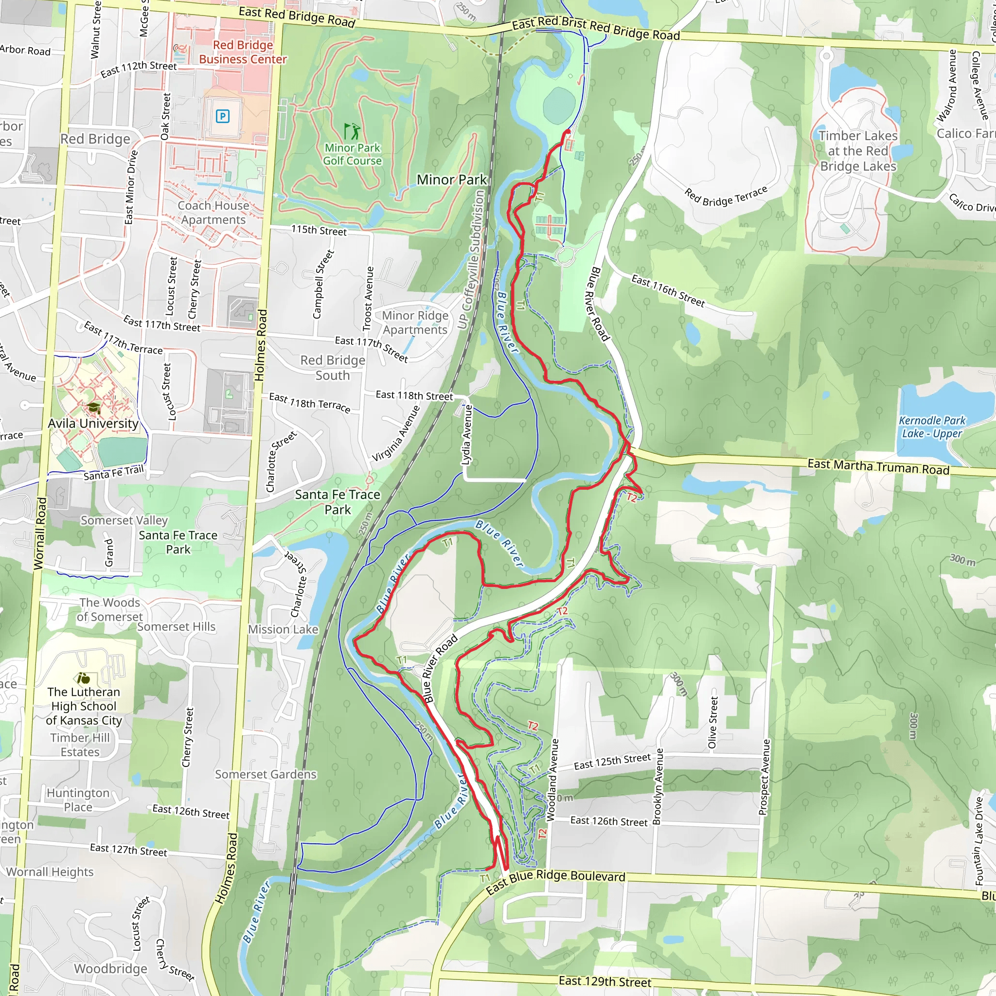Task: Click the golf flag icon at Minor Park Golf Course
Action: [x=352, y=131]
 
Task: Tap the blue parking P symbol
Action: [x=222, y=117]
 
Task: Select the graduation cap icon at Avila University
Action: [x=94, y=409]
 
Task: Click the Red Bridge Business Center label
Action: [x=243, y=52]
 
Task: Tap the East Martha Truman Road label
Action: [x=878, y=466]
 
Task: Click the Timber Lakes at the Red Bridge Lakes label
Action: [x=858, y=151]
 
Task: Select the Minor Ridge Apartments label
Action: [x=415, y=322]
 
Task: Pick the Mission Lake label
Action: [x=283, y=629]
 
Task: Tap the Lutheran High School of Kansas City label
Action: [x=84, y=706]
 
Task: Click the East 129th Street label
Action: [x=605, y=980]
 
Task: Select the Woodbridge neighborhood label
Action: [x=111, y=969]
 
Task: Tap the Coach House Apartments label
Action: [x=213, y=213]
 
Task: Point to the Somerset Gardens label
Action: [x=266, y=774]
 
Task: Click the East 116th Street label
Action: [x=668, y=291]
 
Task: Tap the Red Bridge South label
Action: [x=333, y=368]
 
